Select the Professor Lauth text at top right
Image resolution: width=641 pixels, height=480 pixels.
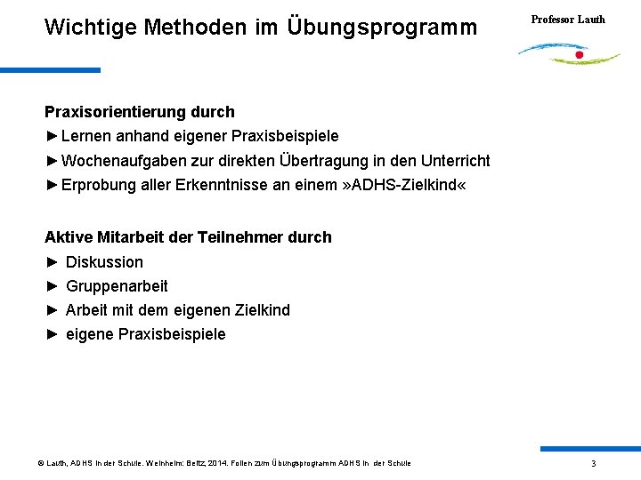coord(568,19)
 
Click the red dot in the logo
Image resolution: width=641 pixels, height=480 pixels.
coord(580,55)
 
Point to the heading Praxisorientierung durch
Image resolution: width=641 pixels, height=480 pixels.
coord(140,112)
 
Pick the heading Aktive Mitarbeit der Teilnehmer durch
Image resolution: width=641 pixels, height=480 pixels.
coord(188,237)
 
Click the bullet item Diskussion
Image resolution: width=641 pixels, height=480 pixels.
coord(104,262)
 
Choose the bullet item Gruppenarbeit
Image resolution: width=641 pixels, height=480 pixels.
coord(117,286)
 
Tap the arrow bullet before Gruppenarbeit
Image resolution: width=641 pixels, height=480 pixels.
coord(52,286)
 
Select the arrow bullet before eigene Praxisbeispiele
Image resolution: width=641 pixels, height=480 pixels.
coord(52,334)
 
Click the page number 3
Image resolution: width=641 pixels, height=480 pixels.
coord(594,464)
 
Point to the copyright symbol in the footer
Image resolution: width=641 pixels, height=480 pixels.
coord(41,463)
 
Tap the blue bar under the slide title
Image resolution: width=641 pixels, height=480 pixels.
coord(50,70)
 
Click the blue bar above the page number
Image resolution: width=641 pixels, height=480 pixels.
coord(589,449)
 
